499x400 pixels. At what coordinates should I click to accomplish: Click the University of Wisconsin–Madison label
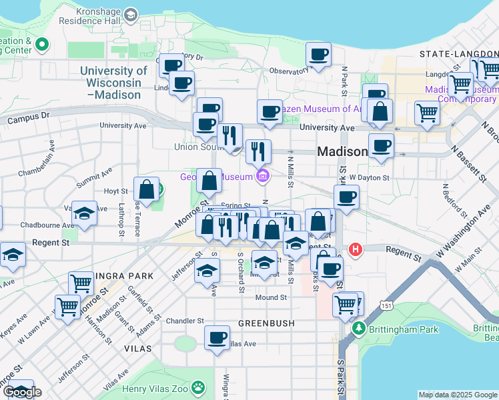[113, 83]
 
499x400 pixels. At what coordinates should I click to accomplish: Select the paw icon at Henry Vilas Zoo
[198, 386]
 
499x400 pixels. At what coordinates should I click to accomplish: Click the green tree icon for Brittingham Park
[360, 329]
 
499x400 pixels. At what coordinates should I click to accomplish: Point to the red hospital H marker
[356, 249]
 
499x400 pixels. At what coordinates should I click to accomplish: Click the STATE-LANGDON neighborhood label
[458, 53]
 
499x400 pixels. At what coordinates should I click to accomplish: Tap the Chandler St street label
[184, 321]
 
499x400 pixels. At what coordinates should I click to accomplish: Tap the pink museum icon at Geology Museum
[263, 177]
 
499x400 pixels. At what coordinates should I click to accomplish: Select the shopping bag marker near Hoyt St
[146, 189]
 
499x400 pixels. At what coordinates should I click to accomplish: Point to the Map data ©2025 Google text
[458, 395]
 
